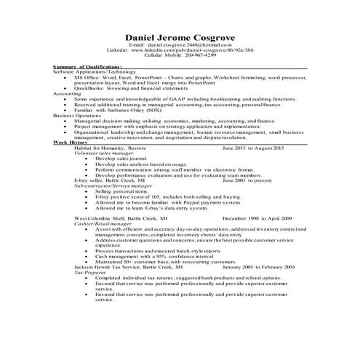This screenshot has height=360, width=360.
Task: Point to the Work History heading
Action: tap(71, 143)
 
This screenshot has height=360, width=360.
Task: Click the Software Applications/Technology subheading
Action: tap(92, 73)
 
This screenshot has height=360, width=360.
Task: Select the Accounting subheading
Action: tap(67, 93)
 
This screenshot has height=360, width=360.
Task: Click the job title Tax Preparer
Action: tap(91, 273)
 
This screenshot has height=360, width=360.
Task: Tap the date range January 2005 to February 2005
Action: tap(258, 268)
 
